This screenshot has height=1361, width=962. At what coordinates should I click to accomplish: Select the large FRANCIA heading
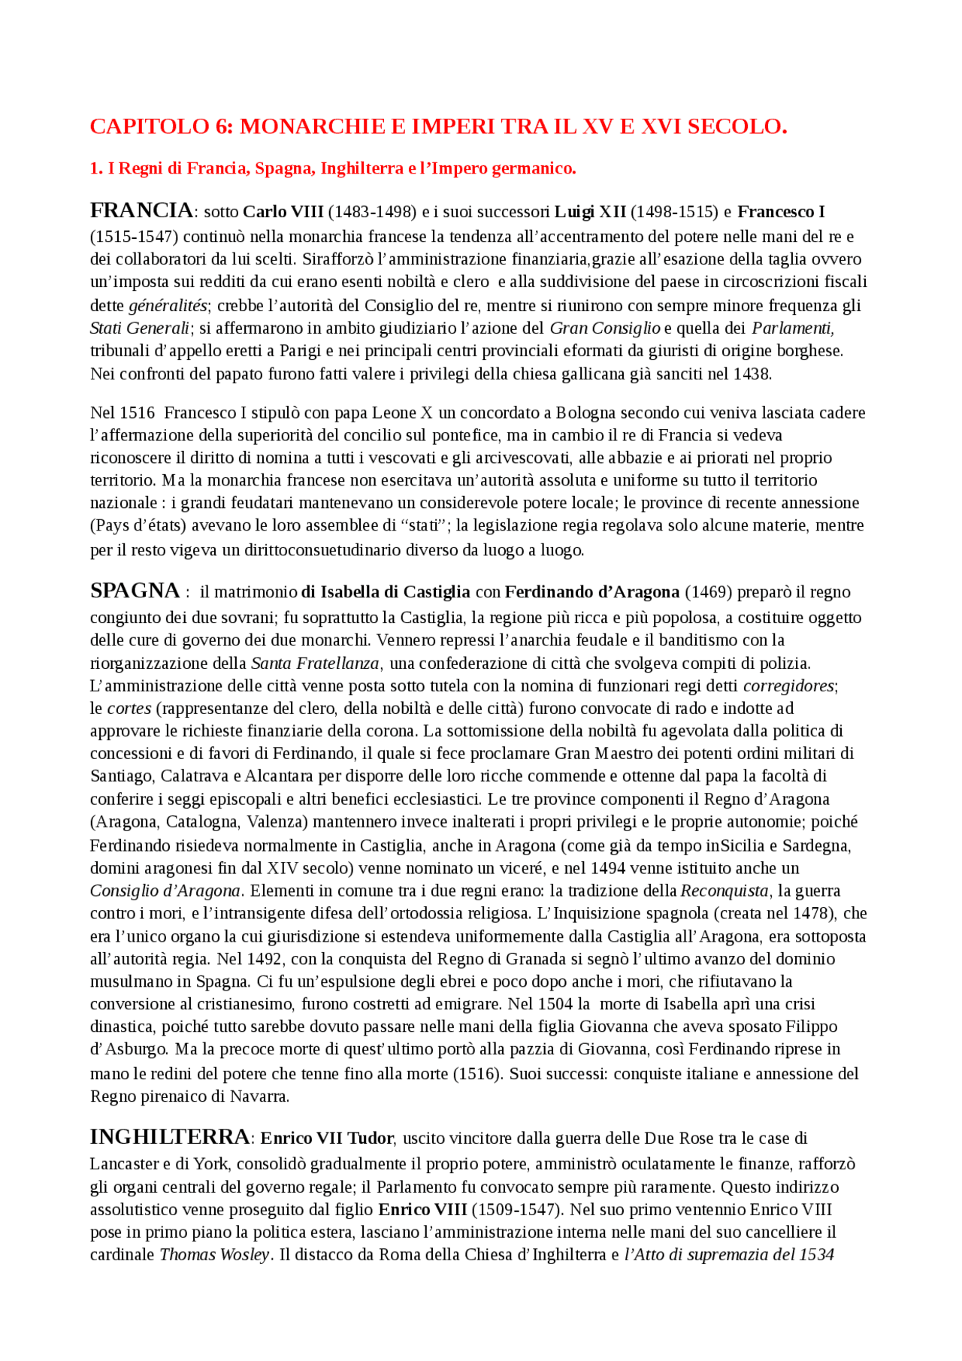(141, 210)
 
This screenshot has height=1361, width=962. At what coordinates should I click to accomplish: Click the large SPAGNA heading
(135, 591)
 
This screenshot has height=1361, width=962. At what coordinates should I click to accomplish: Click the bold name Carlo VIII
(283, 212)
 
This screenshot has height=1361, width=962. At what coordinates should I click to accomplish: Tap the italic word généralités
(167, 306)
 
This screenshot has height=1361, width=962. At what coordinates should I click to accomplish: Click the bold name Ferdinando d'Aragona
(592, 592)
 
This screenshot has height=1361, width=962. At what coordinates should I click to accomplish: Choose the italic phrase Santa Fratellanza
(315, 663)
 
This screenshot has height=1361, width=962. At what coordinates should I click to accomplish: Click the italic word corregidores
(788, 685)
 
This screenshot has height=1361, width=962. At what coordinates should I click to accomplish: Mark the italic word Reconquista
(725, 891)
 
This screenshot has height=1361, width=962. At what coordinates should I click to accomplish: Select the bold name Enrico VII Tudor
(328, 1139)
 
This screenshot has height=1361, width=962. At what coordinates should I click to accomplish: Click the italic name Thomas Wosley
(214, 1254)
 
